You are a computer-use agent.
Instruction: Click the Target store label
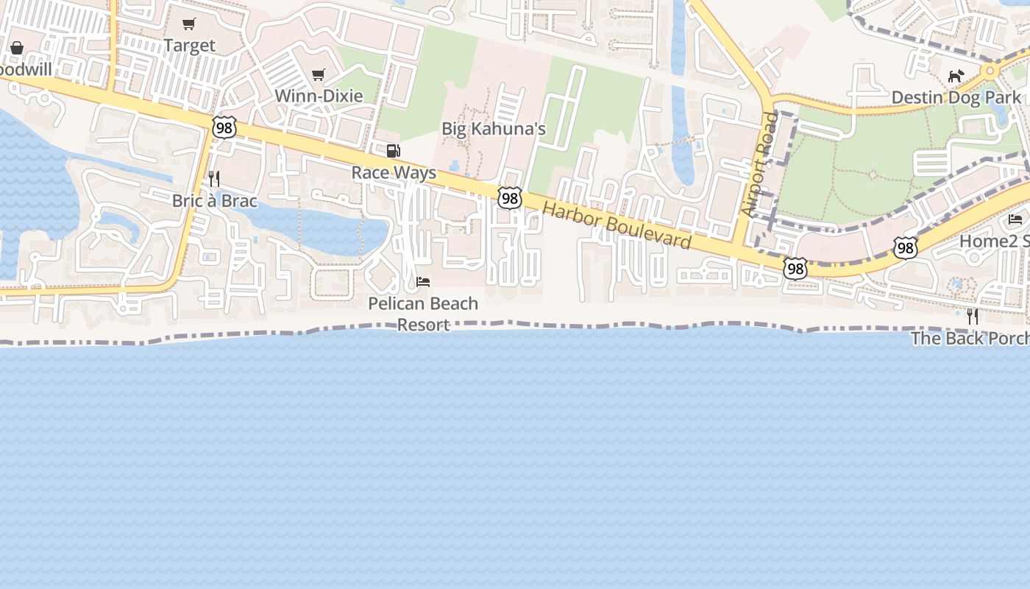[x=190, y=46]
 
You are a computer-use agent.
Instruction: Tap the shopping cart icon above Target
[x=189, y=24]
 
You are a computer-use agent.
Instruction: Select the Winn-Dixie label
[x=319, y=96]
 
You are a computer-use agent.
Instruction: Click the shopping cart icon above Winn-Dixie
[x=319, y=74]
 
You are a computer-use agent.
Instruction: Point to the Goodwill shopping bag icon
[x=17, y=48]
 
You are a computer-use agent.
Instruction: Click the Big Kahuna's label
[x=493, y=129]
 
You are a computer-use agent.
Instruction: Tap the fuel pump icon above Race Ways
[x=394, y=151]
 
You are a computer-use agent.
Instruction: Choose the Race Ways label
[x=394, y=173]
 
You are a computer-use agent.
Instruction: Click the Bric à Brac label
[x=214, y=201]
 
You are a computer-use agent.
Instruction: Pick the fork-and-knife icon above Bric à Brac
[x=213, y=179]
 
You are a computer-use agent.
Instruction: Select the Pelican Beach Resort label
[x=423, y=314]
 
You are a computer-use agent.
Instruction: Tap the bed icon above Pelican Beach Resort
[x=423, y=282]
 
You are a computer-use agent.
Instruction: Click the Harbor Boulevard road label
[x=617, y=225]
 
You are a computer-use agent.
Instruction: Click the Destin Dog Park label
[x=956, y=97]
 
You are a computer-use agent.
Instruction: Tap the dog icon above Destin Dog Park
[x=956, y=76]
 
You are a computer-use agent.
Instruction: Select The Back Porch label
[x=970, y=339]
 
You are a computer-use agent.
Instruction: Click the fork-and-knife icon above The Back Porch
[x=973, y=317]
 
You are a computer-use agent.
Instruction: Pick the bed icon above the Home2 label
[x=1015, y=219]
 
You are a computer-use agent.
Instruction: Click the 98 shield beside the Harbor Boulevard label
[x=509, y=197]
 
